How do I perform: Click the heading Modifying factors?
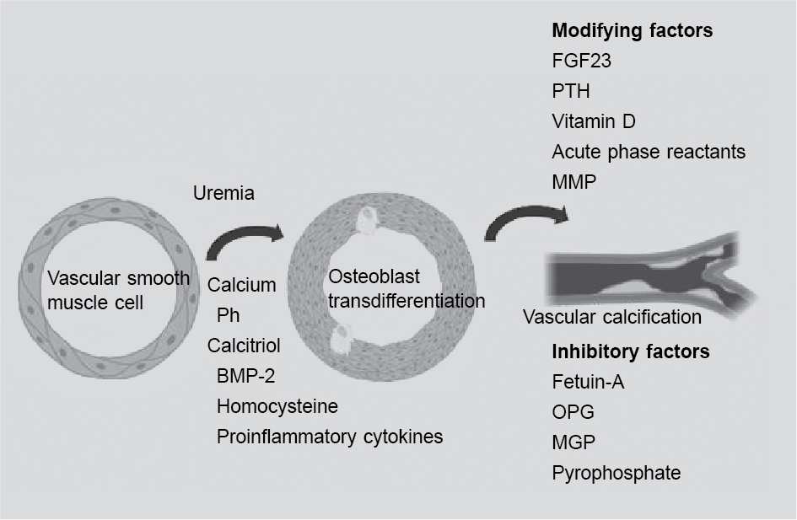pos(632,31)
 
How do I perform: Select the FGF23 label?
pos(579,62)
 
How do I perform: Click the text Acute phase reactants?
pos(649,152)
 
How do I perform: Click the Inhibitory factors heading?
pos(630,351)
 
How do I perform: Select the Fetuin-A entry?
pos(588,382)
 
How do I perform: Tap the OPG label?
pos(573,412)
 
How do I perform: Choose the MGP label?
pos(573,442)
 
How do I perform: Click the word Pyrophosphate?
pos(616,473)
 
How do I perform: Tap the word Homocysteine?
pos(277,406)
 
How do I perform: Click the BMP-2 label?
pos(246,376)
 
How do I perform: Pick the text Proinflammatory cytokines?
pos(329,437)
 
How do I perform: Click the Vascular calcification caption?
pos(612,318)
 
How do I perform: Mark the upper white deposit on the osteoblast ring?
pos(369,221)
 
